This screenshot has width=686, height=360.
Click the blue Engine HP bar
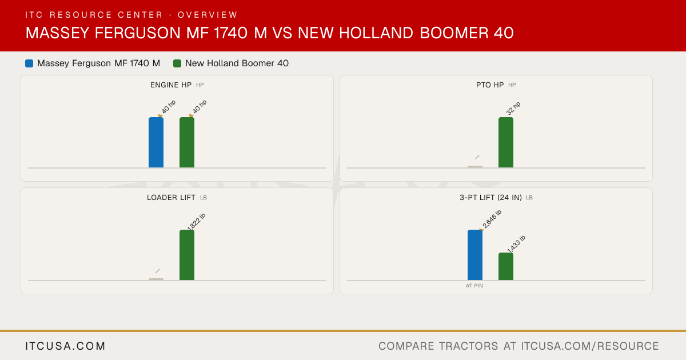pos(156,142)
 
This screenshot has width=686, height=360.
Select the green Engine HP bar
pos(187,142)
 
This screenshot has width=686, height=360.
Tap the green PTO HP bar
pos(506,142)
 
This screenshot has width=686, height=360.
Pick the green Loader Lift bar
pos(187,255)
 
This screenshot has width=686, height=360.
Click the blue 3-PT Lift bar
pos(475,255)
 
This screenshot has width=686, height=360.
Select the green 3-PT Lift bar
pos(506,266)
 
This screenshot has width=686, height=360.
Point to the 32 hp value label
pos(513,109)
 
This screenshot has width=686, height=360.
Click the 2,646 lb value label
pos(492,219)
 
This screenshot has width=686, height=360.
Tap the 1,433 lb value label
pos(516,245)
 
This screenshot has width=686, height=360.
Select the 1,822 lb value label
pos(196,222)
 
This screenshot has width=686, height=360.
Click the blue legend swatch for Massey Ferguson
pos(29,63)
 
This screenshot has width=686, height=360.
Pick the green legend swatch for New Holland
pos(177,63)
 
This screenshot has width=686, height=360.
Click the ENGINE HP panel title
pos(171,85)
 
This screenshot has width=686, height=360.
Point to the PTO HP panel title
pos(490,85)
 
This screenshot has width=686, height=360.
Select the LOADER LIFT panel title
pos(171,198)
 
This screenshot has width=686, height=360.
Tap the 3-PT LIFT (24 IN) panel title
pos(490,198)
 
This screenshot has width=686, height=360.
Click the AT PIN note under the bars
pos(474,286)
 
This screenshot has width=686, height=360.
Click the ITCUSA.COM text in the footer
pos(65,346)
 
